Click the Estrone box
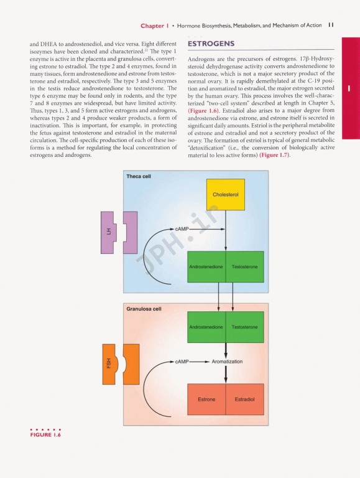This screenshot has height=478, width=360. [x=206, y=399]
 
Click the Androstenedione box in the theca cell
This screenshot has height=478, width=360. [x=206, y=266]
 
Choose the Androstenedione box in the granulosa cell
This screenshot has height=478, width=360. [x=206, y=327]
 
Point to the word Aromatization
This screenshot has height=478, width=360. [x=227, y=362]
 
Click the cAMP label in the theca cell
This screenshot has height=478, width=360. [x=182, y=229]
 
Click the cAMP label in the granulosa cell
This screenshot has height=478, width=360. [x=182, y=362]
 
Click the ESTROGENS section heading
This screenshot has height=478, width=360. [x=211, y=45]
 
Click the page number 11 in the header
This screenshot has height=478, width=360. [x=332, y=26]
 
